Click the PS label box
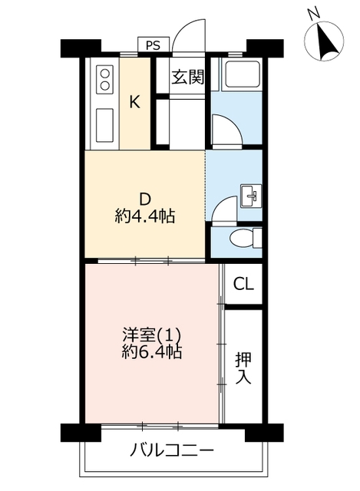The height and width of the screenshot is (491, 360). (x=154, y=44)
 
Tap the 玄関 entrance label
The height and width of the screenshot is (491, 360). (x=188, y=77)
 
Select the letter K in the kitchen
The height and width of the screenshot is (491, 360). (x=135, y=102)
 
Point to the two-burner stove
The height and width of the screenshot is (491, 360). (x=104, y=78)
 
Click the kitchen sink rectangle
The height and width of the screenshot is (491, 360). (x=104, y=125)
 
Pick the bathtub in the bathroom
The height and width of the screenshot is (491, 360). (x=241, y=74)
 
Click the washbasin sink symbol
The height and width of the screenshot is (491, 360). (x=251, y=196)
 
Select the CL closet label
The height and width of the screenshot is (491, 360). (x=243, y=285)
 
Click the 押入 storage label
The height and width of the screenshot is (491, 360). (x=243, y=368)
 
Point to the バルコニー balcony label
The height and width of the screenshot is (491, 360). (x=172, y=451)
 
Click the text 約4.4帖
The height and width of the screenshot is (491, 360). (x=145, y=216)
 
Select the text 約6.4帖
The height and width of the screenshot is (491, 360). (x=152, y=352)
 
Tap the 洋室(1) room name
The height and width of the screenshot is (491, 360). (x=152, y=335)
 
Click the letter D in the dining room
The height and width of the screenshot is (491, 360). (x=145, y=199)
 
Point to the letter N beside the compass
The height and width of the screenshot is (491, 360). (x=313, y=13)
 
